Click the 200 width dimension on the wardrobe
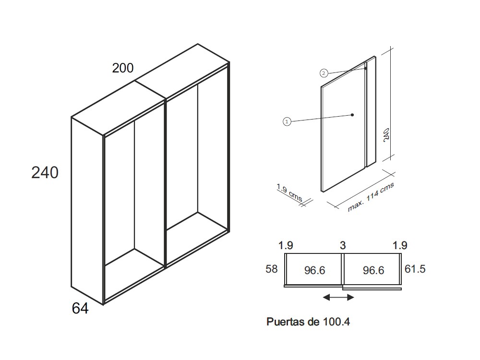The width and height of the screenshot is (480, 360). (123, 68)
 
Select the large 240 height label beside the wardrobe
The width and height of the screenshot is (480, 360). (45, 173)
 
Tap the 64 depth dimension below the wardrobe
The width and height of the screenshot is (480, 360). (80, 308)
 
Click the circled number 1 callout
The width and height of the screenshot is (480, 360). (287, 122)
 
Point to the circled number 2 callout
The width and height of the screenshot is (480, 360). (324, 73)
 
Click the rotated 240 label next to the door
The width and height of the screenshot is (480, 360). (386, 134)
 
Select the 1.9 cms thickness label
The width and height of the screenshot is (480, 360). (289, 192)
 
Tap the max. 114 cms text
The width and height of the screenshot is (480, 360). (371, 197)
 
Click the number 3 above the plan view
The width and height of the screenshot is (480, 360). (343, 245)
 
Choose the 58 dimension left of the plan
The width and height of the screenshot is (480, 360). (272, 269)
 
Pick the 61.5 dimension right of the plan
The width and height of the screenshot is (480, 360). (415, 269)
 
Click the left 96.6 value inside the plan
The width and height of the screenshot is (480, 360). (315, 270)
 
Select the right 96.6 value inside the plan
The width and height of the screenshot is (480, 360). (373, 270)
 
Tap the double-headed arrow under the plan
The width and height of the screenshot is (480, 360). (338, 297)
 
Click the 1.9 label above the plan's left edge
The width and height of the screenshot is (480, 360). (286, 245)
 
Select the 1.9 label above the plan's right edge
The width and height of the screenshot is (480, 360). (400, 245)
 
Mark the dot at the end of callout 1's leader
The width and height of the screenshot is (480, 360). (352, 115)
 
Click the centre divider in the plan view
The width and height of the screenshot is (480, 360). (343, 269)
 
